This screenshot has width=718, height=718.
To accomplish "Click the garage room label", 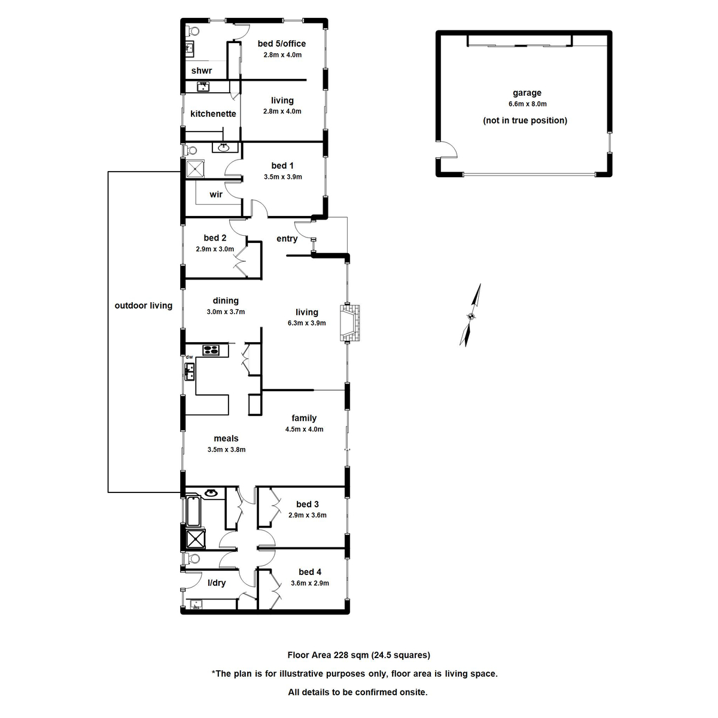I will coord(527,93).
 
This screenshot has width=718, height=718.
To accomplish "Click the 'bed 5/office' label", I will coord(282,44).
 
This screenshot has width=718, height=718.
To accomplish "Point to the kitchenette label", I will coord(213,114).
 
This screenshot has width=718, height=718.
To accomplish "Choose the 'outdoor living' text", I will coord(144,306).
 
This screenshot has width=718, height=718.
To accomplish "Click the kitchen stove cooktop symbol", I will coord(211,350).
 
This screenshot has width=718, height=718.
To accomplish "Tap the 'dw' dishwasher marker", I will coord(189,357).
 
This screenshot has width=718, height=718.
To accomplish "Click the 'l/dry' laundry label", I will coord(217,583).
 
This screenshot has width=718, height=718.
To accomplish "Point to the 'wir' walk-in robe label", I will coord(216,194).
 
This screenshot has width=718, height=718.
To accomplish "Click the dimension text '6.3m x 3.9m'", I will coord(306,323).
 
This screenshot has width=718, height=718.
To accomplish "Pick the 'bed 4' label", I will coord(310,572).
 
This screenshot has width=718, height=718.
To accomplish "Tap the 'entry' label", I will coord(287,239).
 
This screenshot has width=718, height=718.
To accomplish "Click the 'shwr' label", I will coord(202,71).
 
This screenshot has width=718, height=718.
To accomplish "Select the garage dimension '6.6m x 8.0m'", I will coord(527,104).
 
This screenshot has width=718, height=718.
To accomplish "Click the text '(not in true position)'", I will coord(525,120).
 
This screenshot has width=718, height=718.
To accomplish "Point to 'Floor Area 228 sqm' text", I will coord(328,655).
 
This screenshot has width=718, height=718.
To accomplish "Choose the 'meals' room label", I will coord(226,439).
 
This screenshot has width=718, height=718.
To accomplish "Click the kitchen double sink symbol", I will coord(190,372).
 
